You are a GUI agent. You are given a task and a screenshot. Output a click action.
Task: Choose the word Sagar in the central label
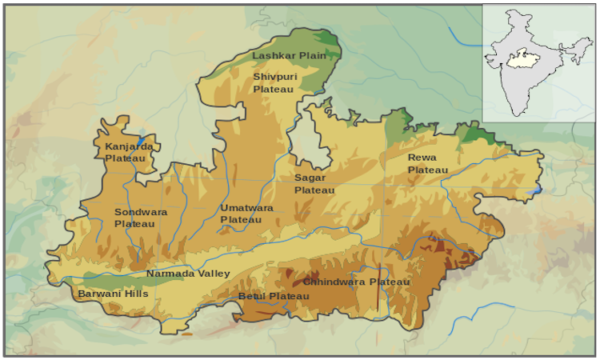pos(309,178)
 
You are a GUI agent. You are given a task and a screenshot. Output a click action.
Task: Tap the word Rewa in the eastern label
pos(422,158)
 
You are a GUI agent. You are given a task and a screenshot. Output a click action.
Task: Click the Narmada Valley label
pos(188,274)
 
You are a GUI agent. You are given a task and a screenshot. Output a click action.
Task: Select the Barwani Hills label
pos(113,294)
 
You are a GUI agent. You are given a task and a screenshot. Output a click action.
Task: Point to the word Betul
pos(251,297)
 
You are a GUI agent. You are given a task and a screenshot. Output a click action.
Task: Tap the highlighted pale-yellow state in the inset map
pos(521,58)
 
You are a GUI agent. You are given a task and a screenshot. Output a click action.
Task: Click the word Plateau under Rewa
pos(428,170)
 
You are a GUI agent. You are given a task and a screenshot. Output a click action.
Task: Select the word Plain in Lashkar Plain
pos(313,56)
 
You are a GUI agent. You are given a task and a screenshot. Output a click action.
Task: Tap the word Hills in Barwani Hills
pos(134,294)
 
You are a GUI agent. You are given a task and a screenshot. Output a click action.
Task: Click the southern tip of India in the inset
pos(521,114)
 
